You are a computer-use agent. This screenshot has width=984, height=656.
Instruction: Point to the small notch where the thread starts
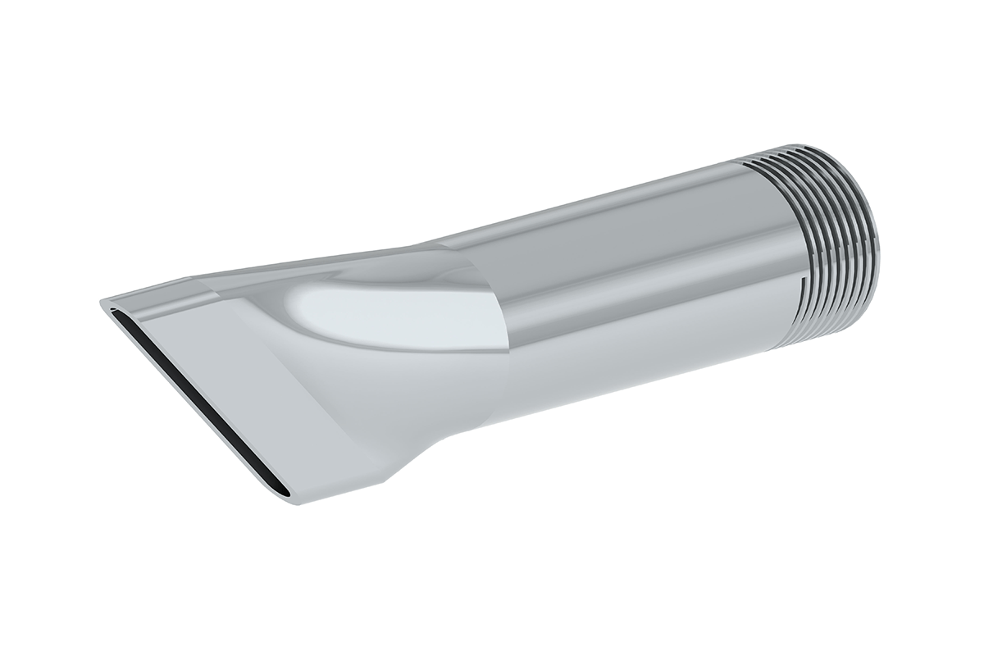tap(796, 289)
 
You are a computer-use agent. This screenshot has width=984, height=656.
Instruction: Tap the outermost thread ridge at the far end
tap(869, 238)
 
